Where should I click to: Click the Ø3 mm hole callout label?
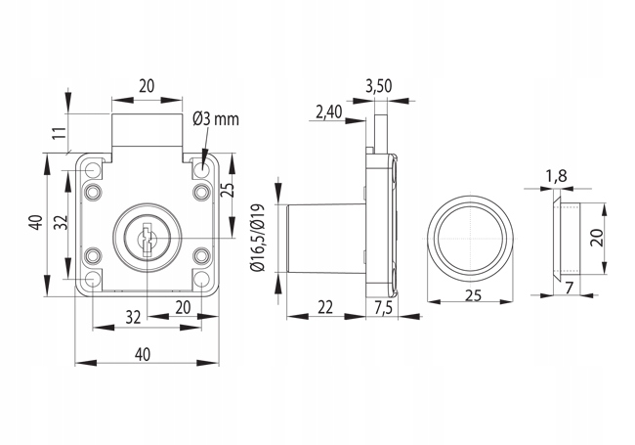[x=216, y=119]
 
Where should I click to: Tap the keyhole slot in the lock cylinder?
[x=147, y=240]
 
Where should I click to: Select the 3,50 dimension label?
[x=379, y=86]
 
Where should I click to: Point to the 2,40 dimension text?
[x=329, y=112]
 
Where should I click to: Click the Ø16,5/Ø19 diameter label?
[x=258, y=237]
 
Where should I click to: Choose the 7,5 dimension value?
[x=383, y=308]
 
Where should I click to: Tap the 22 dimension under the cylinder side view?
[x=325, y=308]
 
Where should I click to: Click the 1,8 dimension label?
[x=556, y=176]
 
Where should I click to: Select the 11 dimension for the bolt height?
[x=60, y=133]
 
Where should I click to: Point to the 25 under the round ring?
[x=473, y=296]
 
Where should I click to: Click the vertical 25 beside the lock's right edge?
[x=229, y=190]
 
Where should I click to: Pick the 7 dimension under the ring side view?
[x=570, y=289]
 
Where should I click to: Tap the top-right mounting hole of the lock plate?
[x=200, y=169]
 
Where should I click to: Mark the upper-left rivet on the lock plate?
[x=93, y=192]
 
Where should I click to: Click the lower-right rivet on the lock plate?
[x=201, y=256]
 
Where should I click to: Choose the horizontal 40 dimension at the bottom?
[x=143, y=355]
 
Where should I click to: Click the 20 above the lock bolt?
[x=147, y=86]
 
